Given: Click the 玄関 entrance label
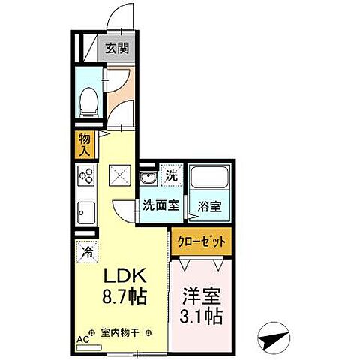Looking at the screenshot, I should tap(116, 49).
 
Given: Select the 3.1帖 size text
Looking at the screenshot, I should tap(201, 315).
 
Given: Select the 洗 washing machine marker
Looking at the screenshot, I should tap(171, 178).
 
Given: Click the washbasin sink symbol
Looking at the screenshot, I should tap(147, 178).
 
